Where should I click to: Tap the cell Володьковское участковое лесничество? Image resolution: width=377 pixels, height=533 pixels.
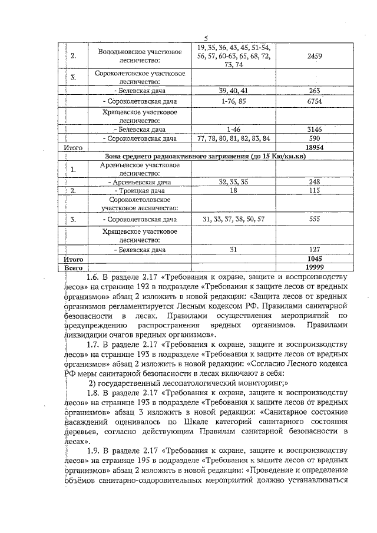pyautogui.click(x=128, y=57)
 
